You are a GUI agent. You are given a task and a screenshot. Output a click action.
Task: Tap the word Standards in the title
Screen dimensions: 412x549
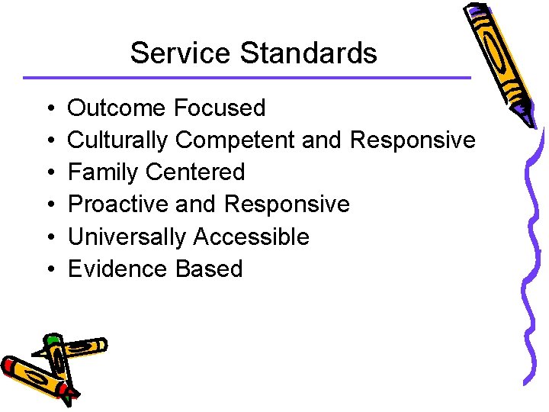[x=309, y=53]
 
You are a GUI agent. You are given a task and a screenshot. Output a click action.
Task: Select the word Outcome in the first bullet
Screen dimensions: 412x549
[x=117, y=108]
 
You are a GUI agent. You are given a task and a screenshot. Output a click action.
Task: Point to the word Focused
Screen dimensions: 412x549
[x=220, y=108]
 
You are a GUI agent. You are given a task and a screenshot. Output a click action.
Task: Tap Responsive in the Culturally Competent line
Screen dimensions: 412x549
[x=413, y=141]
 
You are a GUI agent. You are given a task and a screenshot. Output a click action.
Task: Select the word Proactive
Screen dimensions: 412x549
[x=118, y=204]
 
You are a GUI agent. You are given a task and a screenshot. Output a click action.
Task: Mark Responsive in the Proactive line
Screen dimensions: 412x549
[x=287, y=205]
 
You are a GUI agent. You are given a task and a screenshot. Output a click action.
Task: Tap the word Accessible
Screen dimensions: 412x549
[x=251, y=237]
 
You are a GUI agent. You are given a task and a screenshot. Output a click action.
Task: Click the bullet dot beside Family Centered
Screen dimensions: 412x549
[x=47, y=173]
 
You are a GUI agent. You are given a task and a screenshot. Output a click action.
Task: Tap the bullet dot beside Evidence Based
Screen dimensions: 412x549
[x=47, y=269]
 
